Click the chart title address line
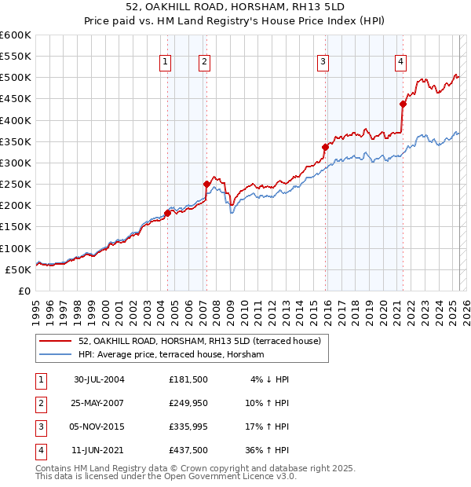235,7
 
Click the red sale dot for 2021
403,104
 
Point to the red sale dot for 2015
325,147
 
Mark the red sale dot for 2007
206,184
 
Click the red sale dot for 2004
167,213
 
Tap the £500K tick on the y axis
16,78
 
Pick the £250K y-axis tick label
16,184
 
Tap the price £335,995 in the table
188,428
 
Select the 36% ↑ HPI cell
267,451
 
